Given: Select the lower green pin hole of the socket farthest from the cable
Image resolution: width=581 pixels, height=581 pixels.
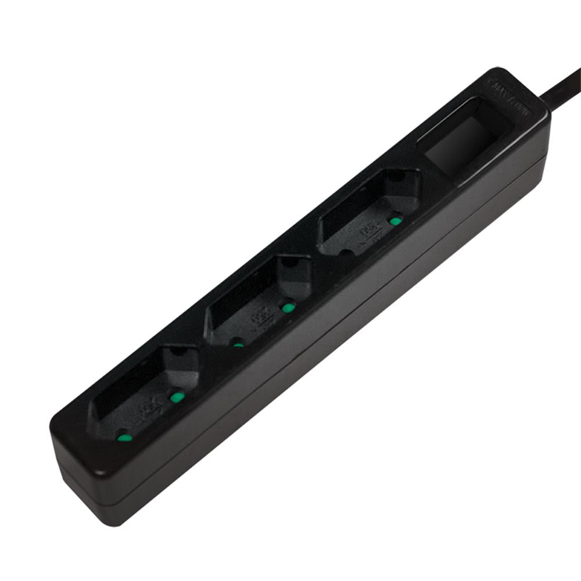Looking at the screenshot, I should pyautogui.click(x=123, y=436).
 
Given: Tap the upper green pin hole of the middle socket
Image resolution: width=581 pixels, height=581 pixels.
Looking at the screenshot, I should pyautogui.click(x=288, y=307).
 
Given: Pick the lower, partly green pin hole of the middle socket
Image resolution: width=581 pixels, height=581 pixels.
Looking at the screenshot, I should pyautogui.click(x=238, y=343).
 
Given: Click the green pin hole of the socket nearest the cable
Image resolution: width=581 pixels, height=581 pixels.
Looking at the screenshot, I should pyautogui.click(x=396, y=221).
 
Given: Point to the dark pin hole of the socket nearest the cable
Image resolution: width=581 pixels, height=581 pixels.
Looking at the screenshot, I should pyautogui.click(x=346, y=253).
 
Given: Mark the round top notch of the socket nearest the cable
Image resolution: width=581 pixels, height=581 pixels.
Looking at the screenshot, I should pyautogui.click(x=397, y=175).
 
